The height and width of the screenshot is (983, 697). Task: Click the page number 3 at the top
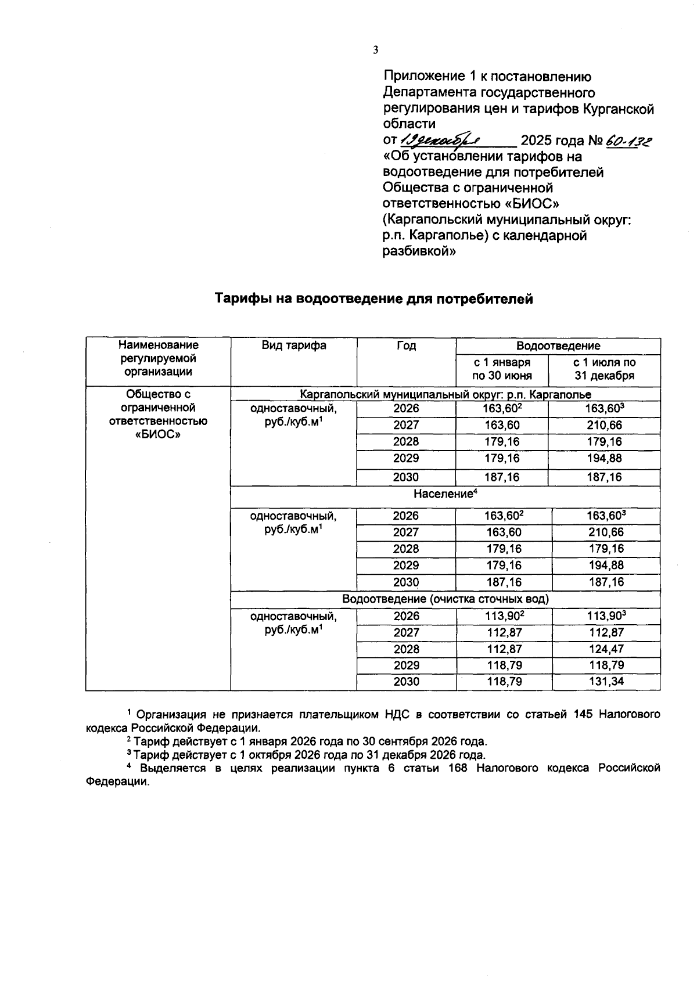click(375, 50)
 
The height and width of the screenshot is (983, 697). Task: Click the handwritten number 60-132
click(628, 141)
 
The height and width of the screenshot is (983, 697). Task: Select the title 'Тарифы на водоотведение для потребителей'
click(373, 299)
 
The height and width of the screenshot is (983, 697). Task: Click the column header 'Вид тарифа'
click(294, 345)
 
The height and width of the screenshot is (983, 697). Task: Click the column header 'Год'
click(406, 346)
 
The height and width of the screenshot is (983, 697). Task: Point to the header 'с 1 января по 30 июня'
click(502, 369)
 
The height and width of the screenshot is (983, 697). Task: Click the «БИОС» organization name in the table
click(158, 434)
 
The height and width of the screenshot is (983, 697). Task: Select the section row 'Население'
click(445, 494)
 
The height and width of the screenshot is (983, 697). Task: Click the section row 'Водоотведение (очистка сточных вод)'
click(445, 599)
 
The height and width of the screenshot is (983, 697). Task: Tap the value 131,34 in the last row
click(606, 682)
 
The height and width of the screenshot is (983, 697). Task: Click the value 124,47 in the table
click(606, 649)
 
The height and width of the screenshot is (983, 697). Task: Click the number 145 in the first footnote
click(583, 714)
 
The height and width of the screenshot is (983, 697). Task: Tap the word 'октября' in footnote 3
click(271, 755)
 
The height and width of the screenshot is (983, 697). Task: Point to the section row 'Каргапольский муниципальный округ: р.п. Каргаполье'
click(445, 395)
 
